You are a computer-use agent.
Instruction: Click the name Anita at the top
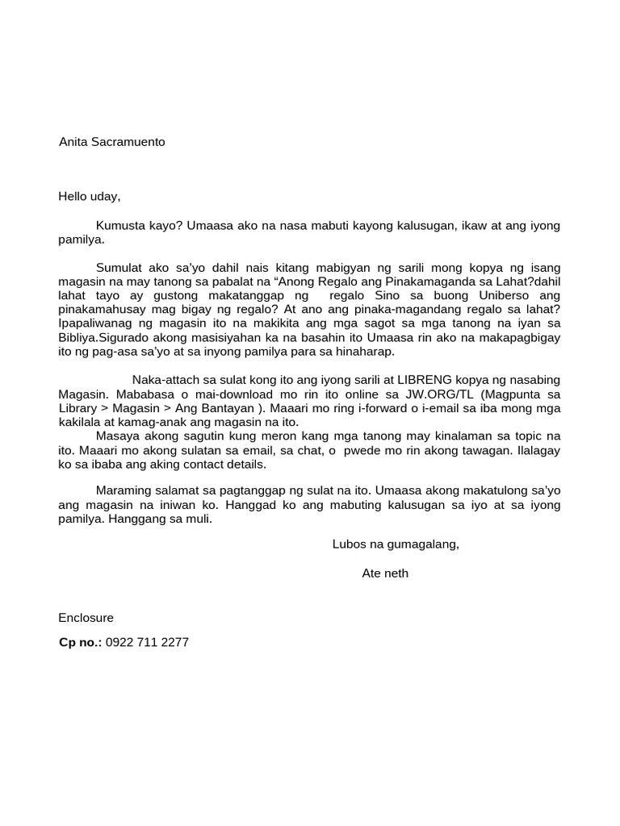pyautogui.click(x=73, y=142)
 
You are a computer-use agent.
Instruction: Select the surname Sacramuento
pyautogui.click(x=128, y=142)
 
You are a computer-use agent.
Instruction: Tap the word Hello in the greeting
pyautogui.click(x=74, y=196)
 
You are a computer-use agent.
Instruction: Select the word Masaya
pyautogui.click(x=117, y=436)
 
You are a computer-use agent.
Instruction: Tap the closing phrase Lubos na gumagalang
pyautogui.click(x=396, y=544)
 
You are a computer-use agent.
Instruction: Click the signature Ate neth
pyautogui.click(x=385, y=574)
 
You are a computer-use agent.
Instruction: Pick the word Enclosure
pyautogui.click(x=86, y=618)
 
